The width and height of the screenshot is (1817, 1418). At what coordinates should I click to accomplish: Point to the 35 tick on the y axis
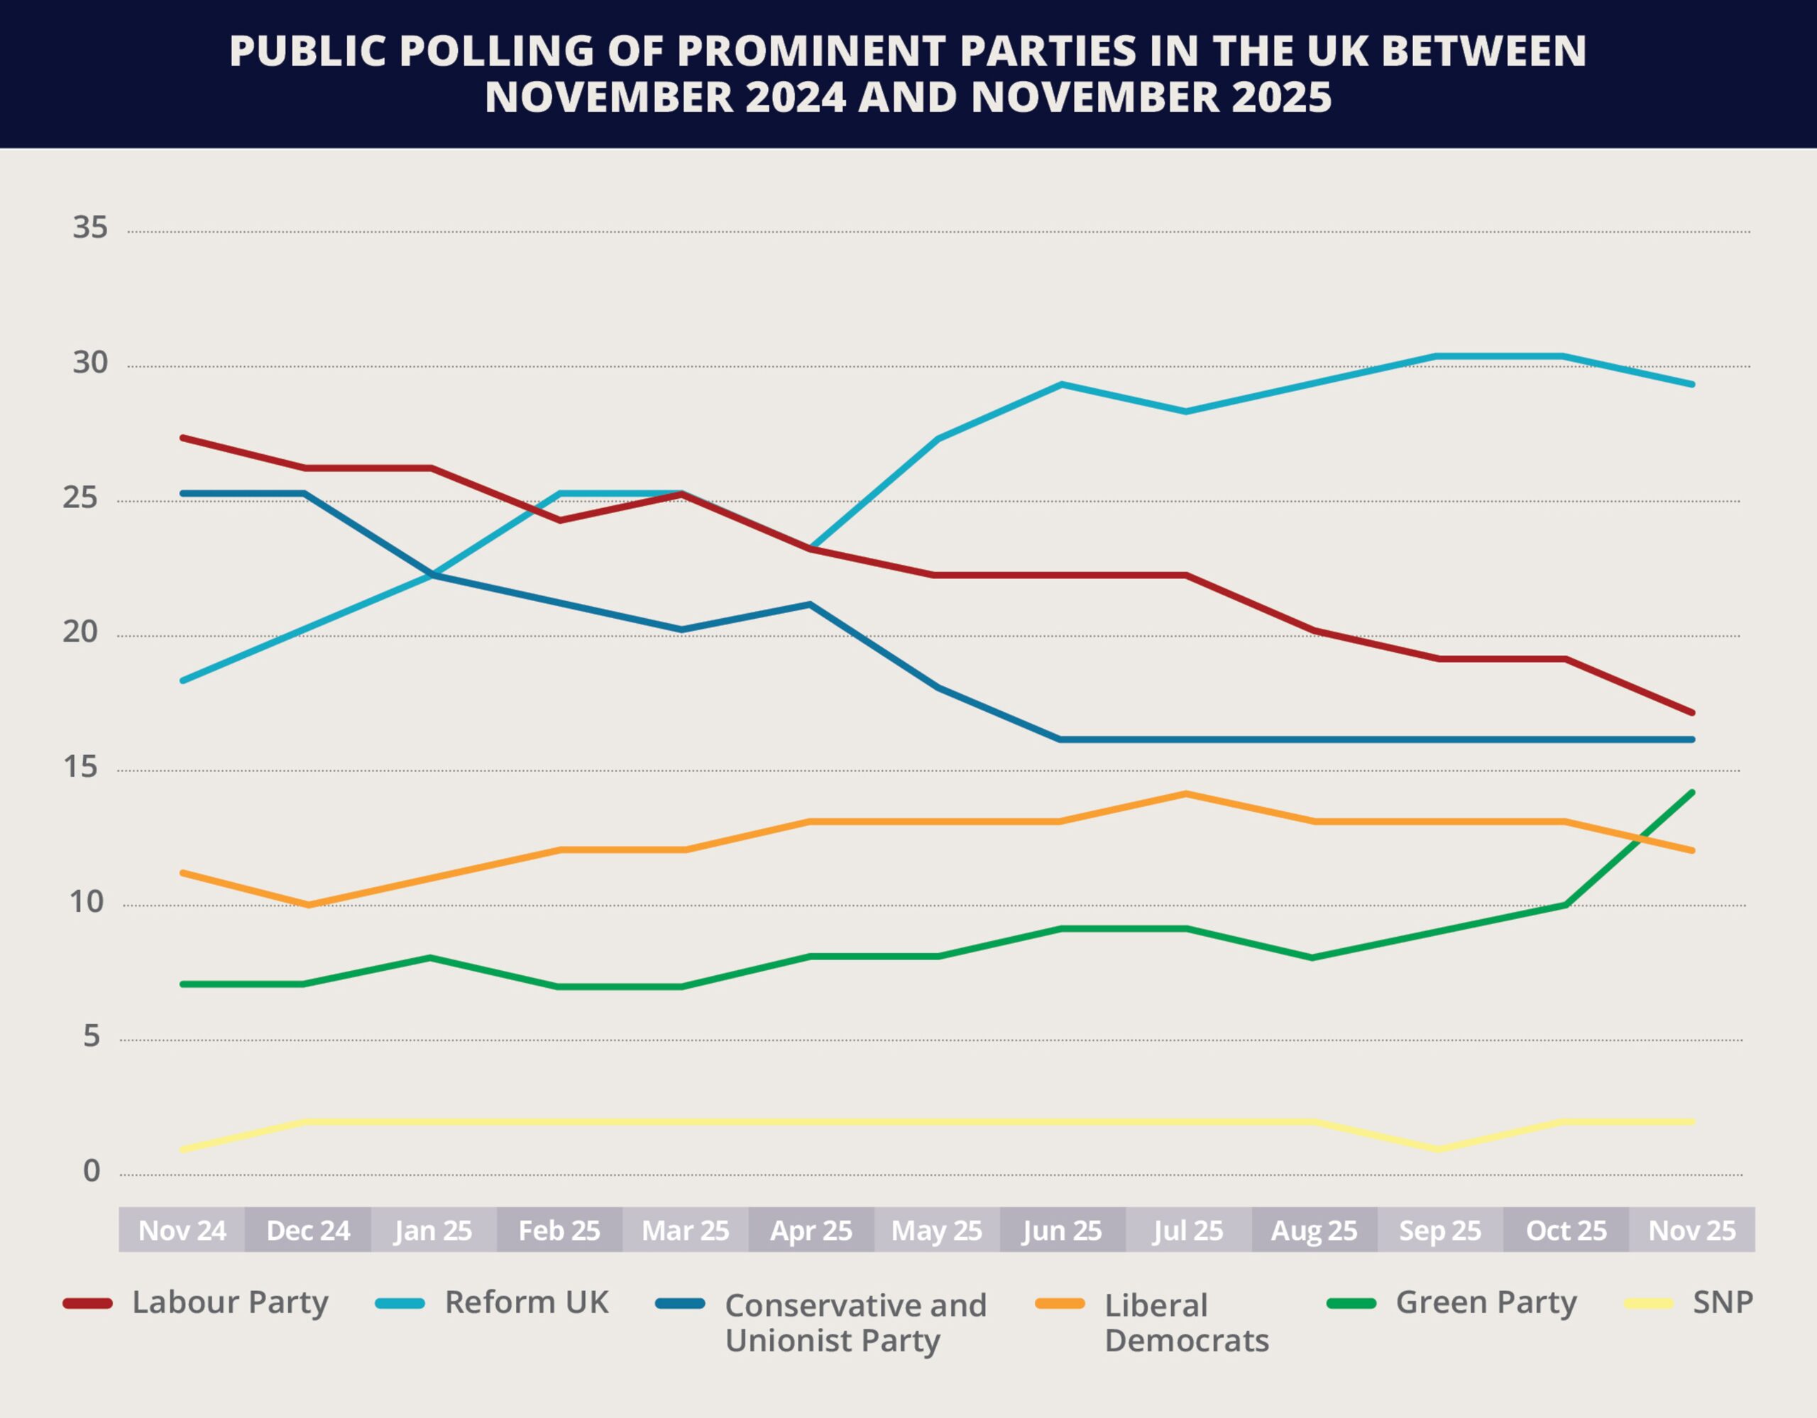90,227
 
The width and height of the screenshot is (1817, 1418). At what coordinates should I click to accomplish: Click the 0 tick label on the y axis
92,1171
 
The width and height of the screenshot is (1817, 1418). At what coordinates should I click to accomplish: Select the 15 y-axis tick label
80,766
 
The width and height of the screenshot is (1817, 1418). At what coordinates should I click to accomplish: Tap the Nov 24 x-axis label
182,1230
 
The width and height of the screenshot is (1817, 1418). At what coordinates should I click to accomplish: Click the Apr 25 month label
811,1230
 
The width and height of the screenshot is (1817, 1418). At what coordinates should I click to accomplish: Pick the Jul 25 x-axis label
1188,1230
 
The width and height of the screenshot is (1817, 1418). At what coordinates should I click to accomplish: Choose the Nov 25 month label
1692,1230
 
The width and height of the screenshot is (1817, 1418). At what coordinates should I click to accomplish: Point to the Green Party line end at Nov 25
1692,793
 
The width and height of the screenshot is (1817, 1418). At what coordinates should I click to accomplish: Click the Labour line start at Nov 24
182,437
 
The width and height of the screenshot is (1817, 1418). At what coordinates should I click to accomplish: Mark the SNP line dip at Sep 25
1439,1149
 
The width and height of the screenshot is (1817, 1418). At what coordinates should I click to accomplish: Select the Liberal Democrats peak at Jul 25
1185,793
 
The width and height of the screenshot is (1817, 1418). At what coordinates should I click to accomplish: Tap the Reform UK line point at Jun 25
1062,384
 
